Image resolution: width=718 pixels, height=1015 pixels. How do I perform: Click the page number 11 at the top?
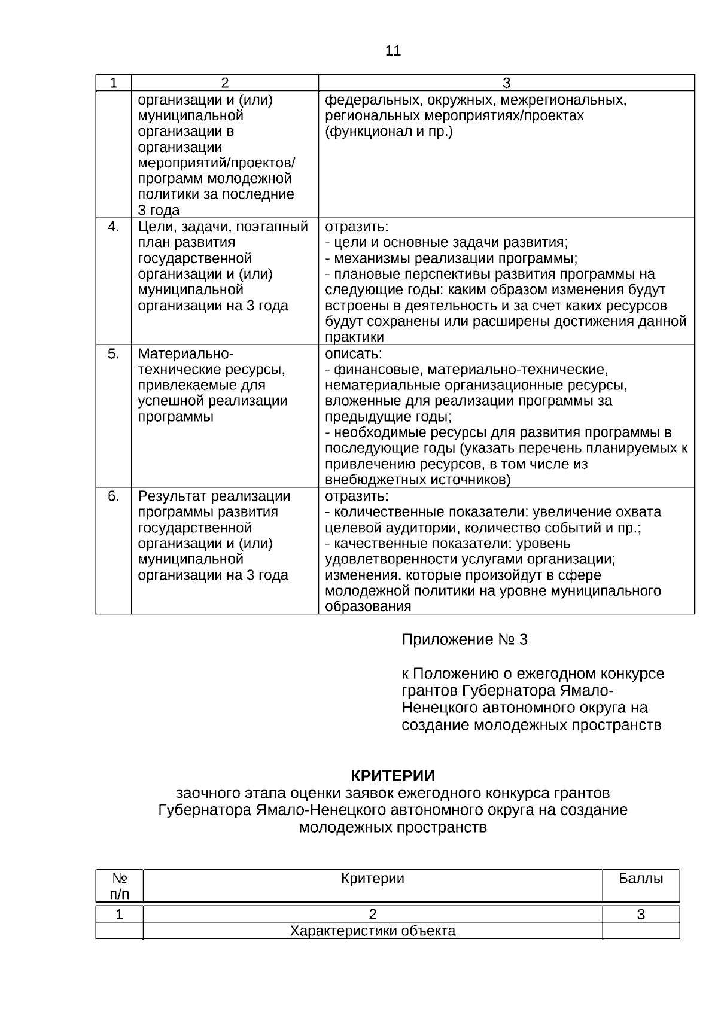tap(393, 51)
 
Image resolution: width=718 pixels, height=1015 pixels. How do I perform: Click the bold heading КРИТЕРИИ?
tap(393, 776)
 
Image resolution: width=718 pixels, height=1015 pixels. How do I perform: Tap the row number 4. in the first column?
tap(114, 227)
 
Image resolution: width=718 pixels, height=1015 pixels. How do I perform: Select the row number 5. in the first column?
tap(114, 353)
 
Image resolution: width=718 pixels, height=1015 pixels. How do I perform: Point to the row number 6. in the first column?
tap(114, 496)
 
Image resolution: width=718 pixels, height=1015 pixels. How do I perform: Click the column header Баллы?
tap(641, 879)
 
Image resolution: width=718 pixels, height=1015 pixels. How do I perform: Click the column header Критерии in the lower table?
tap(372, 879)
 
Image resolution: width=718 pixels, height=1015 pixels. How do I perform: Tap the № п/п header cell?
tap(120, 886)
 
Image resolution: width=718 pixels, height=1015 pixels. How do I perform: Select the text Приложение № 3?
tap(464, 640)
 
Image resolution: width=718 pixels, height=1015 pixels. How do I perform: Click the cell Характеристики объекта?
tap(372, 931)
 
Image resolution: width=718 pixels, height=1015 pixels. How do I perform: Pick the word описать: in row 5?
tap(353, 353)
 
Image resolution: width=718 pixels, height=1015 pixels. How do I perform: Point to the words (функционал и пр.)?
tap(388, 132)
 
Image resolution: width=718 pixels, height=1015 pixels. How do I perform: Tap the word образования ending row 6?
tap(367, 606)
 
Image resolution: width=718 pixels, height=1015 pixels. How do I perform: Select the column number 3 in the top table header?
tap(506, 83)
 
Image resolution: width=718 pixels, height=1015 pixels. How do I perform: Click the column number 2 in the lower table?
tap(372, 914)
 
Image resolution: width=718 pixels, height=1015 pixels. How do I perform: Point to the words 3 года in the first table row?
tap(159, 211)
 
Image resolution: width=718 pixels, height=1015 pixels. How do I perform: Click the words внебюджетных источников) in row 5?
tap(417, 480)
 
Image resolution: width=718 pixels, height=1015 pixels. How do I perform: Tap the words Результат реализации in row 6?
tap(214, 496)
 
